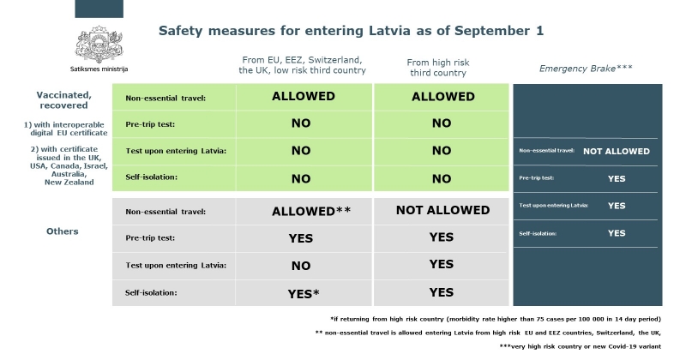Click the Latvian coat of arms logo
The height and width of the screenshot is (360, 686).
tap(99, 45)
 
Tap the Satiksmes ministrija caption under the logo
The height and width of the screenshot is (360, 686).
tap(99, 69)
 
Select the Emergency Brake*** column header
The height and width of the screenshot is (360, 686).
tap(586, 69)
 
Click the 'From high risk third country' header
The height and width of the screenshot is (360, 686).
tap(438, 68)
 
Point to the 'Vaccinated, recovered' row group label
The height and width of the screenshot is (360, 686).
tap(63, 100)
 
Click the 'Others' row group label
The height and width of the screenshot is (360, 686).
tap(63, 231)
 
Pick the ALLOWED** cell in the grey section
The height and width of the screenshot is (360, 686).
tap(311, 211)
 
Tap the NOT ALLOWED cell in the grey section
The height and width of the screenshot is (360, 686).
tap(442, 210)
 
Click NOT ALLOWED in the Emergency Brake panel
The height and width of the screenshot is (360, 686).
tap(617, 152)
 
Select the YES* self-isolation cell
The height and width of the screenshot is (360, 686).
tap(304, 294)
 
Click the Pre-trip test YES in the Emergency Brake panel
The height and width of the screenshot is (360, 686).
tap(617, 178)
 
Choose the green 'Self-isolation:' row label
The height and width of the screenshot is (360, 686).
tap(152, 177)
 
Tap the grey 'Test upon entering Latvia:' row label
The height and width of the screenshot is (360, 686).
tap(176, 266)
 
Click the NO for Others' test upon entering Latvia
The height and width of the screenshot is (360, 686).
tap(301, 266)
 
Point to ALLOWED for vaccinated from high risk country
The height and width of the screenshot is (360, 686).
tap(442, 97)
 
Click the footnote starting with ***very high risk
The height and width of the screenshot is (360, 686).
tap(581, 346)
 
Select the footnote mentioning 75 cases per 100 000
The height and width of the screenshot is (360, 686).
tap(496, 320)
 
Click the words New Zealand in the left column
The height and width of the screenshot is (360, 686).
tap(69, 183)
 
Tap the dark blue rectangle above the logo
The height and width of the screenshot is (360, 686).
tap(99, 9)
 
